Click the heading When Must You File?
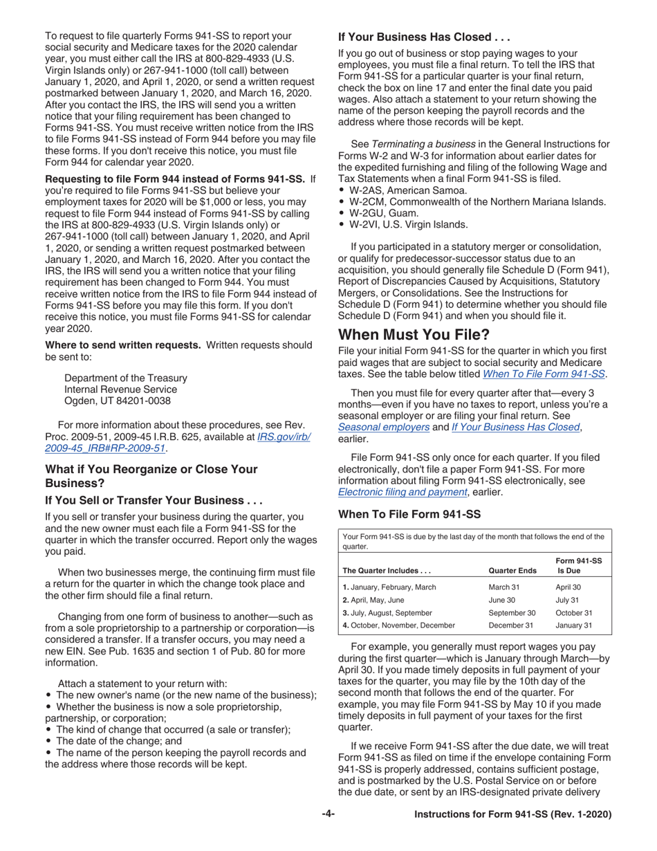click(413, 335)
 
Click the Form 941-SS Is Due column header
click(578, 566)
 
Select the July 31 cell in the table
click(567, 600)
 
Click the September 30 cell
click(512, 612)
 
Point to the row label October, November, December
click(399, 625)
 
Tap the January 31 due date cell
click(573, 625)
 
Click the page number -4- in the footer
click(328, 814)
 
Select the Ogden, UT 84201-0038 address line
click(117, 401)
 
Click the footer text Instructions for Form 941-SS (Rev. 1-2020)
click(512, 815)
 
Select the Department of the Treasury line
click(125, 378)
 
